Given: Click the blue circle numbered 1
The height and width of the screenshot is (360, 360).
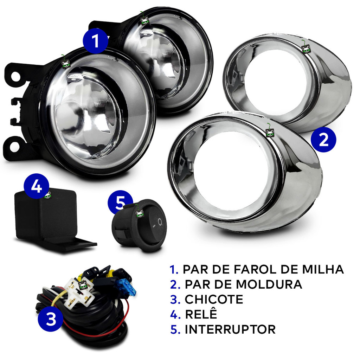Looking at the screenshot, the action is click(x=95, y=41).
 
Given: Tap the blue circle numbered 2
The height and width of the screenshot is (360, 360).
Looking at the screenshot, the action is click(x=323, y=140).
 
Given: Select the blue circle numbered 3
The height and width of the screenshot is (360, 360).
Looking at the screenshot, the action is click(x=50, y=319).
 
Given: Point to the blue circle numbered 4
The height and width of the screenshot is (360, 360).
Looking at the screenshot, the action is click(x=36, y=186).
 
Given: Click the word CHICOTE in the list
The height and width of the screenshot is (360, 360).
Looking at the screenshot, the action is click(x=214, y=300).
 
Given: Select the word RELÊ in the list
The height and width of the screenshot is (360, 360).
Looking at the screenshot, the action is click(x=201, y=314).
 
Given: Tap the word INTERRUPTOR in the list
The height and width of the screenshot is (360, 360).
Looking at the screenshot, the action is click(x=230, y=329).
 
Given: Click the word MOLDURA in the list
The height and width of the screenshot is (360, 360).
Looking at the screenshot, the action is click(x=269, y=284).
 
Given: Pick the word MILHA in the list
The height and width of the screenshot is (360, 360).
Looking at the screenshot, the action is click(x=323, y=269).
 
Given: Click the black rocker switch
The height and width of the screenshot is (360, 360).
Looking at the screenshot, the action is click(x=140, y=226).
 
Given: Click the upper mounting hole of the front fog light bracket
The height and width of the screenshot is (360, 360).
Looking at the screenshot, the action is click(x=15, y=76).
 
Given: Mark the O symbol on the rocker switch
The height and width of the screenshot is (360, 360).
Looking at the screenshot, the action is click(x=160, y=222).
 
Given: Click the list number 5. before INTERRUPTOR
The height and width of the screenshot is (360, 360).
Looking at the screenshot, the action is click(x=175, y=329).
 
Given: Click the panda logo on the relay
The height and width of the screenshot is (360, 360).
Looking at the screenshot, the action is click(x=48, y=195).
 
